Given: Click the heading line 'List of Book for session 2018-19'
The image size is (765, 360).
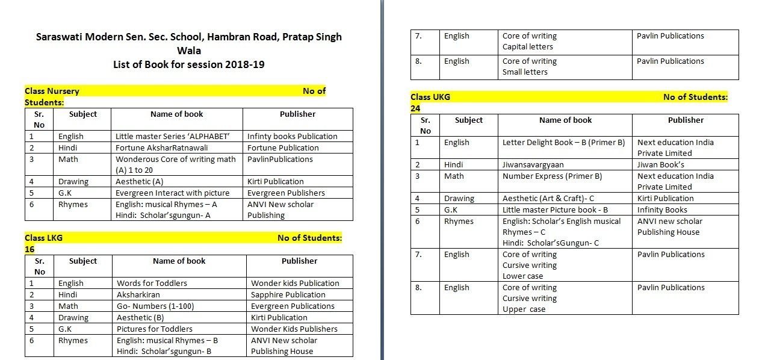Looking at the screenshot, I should [188, 64].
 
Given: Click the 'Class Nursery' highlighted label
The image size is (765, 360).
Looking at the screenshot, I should [52, 91].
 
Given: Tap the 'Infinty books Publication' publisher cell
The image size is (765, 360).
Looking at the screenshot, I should [292, 136].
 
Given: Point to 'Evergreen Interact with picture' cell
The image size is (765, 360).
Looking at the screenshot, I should [172, 193].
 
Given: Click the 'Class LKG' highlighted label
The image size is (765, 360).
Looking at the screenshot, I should [43, 238].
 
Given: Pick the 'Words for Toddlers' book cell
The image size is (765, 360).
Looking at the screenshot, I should [152, 283].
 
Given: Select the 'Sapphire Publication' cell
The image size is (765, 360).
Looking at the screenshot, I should [288, 294].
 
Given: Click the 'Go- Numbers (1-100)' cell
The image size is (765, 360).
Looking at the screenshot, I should [155, 306].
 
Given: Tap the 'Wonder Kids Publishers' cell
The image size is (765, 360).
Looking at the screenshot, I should [294, 329].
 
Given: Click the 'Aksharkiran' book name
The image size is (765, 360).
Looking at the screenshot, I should [137, 294].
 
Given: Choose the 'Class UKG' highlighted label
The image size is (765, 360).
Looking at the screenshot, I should [430, 97].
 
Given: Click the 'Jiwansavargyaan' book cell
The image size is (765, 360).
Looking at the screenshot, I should [533, 164].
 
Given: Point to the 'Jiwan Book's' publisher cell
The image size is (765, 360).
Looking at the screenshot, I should [660, 164].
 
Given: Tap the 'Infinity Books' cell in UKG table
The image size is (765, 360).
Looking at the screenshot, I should [662, 209].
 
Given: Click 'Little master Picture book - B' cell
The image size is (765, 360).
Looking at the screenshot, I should [555, 209].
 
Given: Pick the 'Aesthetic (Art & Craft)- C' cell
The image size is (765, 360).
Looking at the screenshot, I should [548, 198].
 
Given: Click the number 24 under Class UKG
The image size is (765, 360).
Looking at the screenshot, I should [415, 108].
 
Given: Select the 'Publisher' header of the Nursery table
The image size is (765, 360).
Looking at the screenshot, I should [297, 114].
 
